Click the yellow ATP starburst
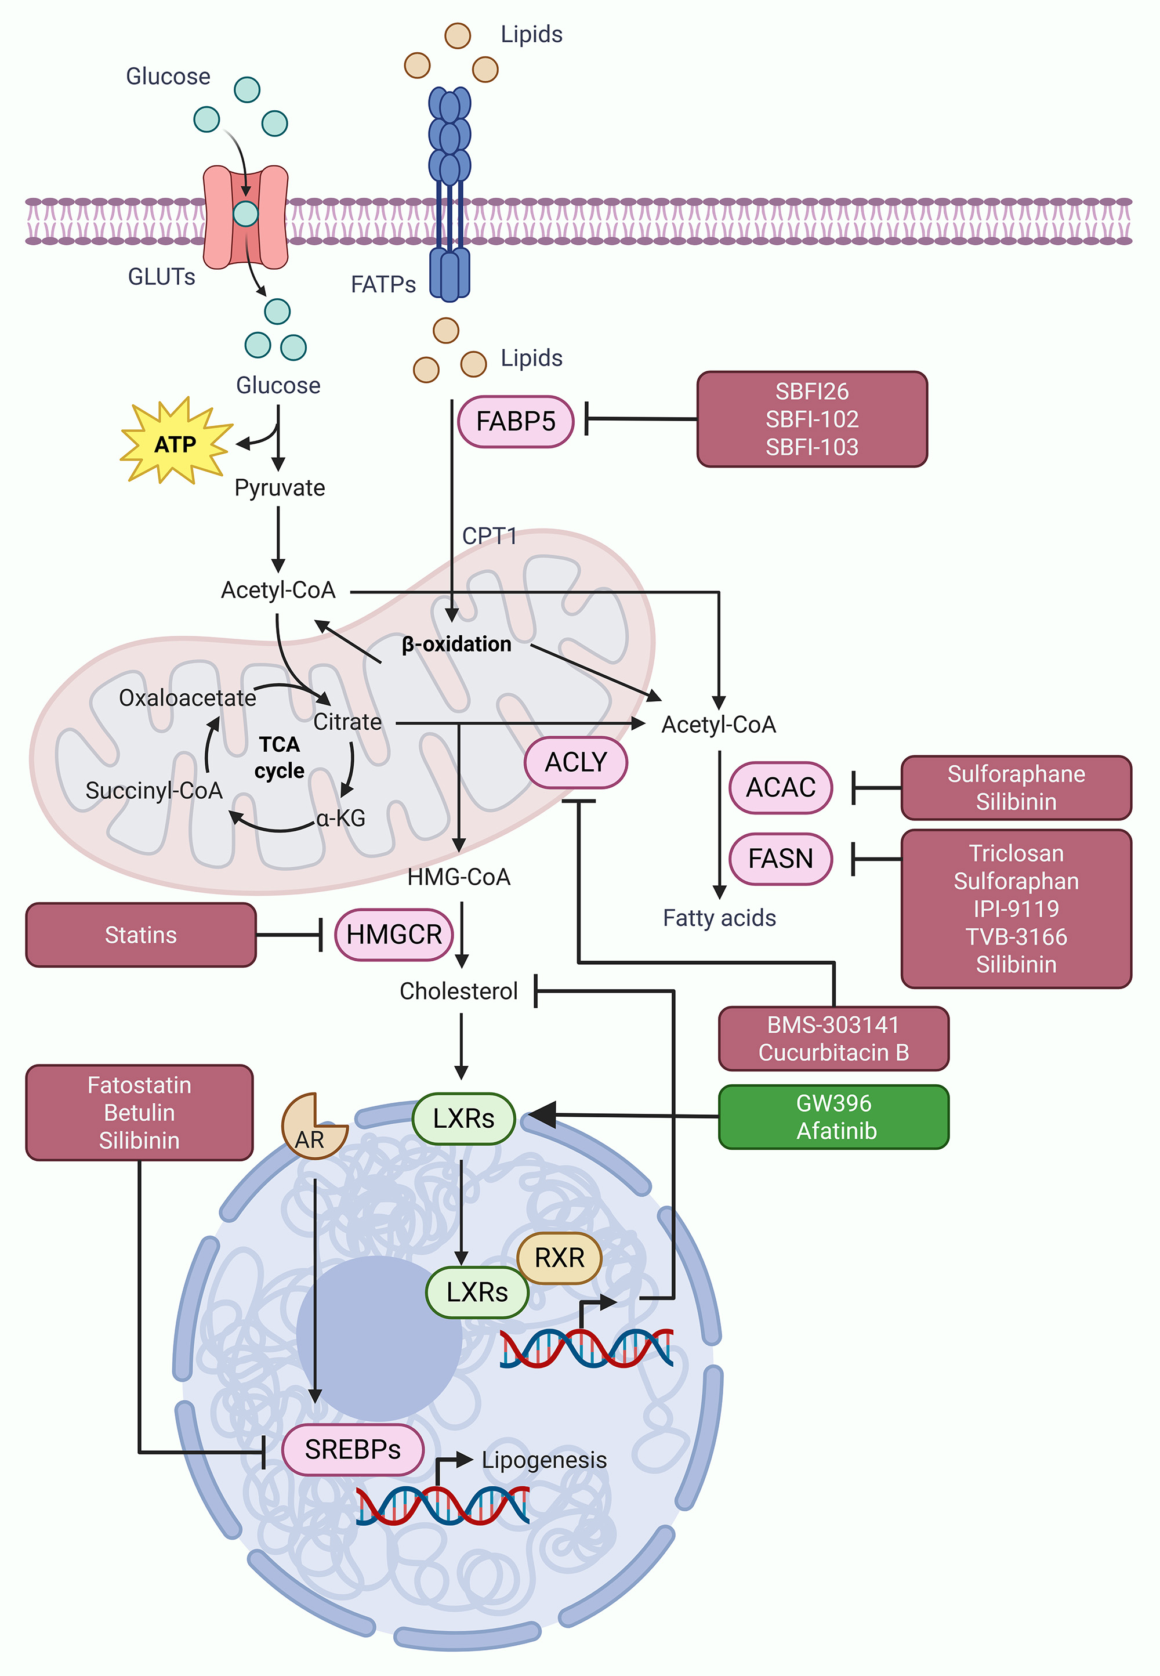[x=175, y=443]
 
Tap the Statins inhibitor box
[x=141, y=935]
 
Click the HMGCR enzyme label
[x=394, y=935]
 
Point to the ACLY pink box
[x=575, y=762]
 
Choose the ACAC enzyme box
[x=781, y=787]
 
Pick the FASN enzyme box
[x=781, y=859]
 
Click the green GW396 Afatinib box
[x=833, y=1116]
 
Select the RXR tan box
[x=559, y=1257]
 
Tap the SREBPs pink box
[x=353, y=1449]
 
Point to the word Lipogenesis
[x=543, y=1460]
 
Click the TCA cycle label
[x=280, y=757]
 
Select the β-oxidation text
[x=456, y=644]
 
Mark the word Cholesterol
[x=459, y=991]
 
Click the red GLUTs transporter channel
[x=246, y=216]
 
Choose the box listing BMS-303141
[x=833, y=1038]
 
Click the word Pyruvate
[x=280, y=488]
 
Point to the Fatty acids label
[x=719, y=918]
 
